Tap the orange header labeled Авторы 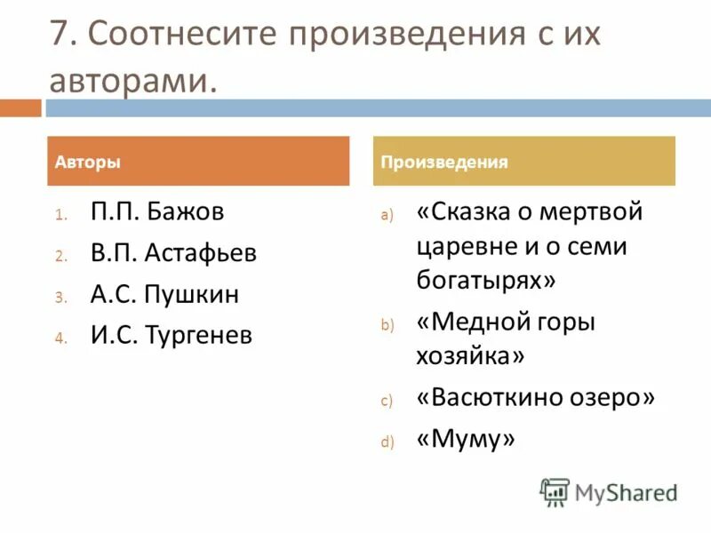[x=198, y=162]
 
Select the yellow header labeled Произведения [x=523, y=162]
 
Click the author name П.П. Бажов [x=157, y=212]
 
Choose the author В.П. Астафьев [x=173, y=253]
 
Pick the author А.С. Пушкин [x=164, y=294]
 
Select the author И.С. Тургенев [x=172, y=335]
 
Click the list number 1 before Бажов [x=59, y=215]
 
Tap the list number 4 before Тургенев [x=60, y=338]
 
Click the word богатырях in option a [x=485, y=280]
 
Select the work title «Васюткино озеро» [x=535, y=397]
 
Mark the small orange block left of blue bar [x=20, y=108]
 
